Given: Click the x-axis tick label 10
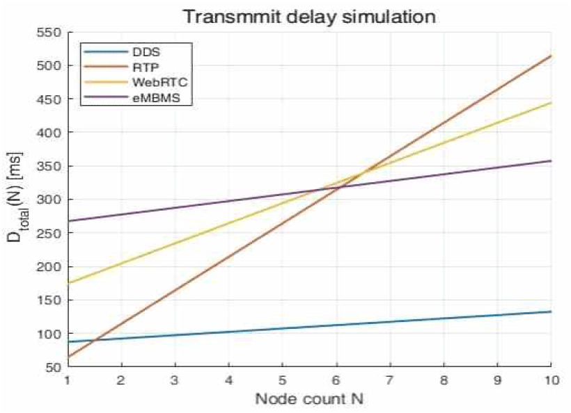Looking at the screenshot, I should pos(551,380).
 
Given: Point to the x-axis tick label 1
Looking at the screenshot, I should pos(68,380).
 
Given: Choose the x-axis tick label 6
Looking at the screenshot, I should pos(336,380).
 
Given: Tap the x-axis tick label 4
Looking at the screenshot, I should pos(229,380).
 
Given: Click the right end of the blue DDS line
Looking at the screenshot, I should pos(551,311).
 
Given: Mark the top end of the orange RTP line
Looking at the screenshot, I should pos(551,56).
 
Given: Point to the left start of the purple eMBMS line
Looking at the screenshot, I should pos(68,221).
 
